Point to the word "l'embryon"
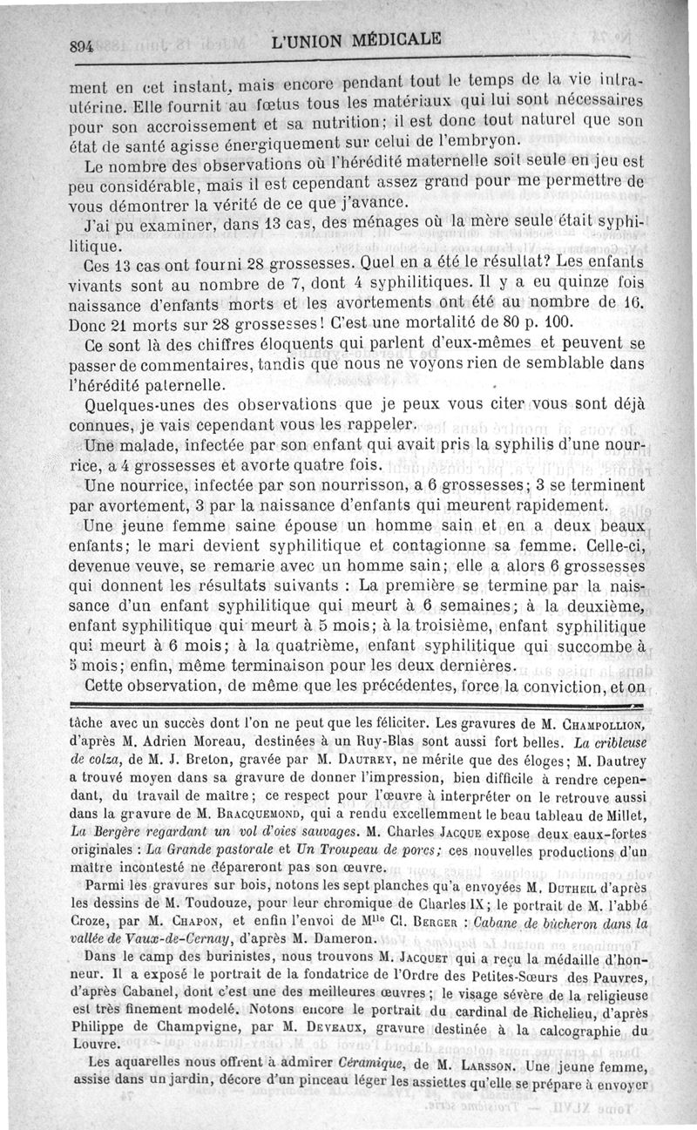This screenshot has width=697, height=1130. (x=475, y=140)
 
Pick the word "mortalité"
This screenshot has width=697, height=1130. (x=436, y=322)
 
